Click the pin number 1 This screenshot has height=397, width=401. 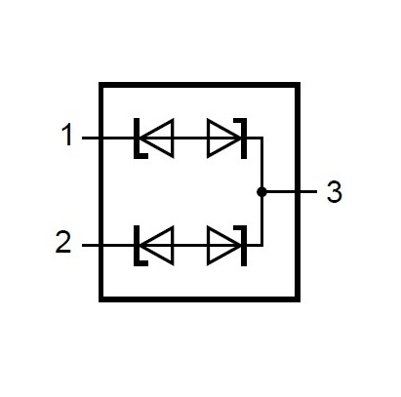click(x=67, y=135)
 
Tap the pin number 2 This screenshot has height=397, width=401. click(x=63, y=242)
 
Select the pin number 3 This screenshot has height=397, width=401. click(x=335, y=192)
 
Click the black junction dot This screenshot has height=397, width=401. click(x=261, y=192)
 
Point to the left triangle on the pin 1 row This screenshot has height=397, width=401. click(x=158, y=139)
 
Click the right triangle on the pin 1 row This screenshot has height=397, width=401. click(x=223, y=139)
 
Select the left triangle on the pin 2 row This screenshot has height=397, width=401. click(x=158, y=245)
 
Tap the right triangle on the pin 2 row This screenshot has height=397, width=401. click(x=223, y=245)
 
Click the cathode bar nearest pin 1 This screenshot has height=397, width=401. click(x=137, y=139)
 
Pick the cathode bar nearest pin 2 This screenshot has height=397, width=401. click(x=137, y=245)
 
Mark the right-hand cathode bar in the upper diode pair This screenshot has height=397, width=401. click(x=244, y=139)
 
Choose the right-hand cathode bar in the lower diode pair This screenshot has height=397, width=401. click(x=244, y=245)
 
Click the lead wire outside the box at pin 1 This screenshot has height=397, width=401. click(x=91, y=139)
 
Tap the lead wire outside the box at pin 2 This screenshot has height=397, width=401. click(x=91, y=245)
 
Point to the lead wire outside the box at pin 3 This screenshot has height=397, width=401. click(x=308, y=192)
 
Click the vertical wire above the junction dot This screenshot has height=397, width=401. click(x=261, y=163)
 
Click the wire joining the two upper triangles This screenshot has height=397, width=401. click(x=190, y=139)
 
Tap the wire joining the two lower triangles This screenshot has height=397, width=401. click(x=190, y=245)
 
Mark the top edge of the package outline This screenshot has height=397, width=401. click(x=199, y=85)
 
